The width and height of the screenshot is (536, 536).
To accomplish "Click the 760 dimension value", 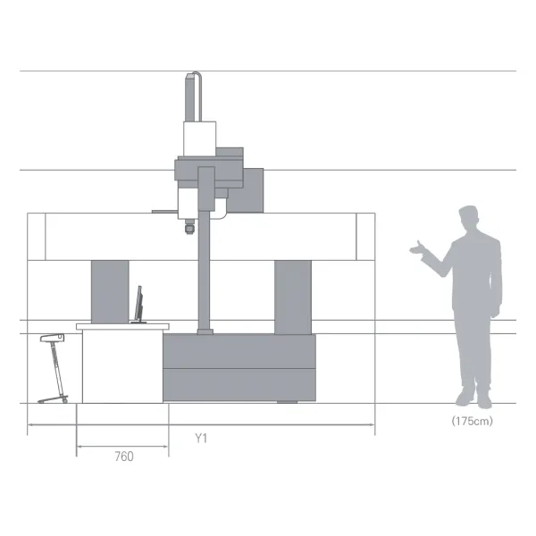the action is tap(124, 456).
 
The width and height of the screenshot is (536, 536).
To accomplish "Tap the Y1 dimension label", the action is tap(201, 438).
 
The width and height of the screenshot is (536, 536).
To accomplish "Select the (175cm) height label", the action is tap(472, 421).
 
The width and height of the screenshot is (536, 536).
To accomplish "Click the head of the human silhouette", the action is tap(468, 217).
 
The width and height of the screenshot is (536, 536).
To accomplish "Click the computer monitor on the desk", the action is tap(138, 305).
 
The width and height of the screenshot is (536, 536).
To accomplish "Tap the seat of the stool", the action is tap(52, 338).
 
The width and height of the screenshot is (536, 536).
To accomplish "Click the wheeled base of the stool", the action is tap(53, 399).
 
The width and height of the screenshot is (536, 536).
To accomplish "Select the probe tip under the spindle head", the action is tap(189, 227).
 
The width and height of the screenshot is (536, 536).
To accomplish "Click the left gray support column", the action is tap(110, 291).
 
